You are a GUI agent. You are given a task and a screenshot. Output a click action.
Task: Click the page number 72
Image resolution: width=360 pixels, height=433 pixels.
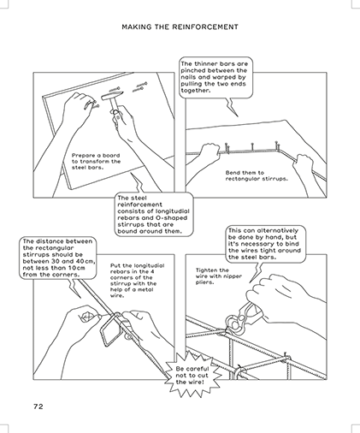[x=38, y=406]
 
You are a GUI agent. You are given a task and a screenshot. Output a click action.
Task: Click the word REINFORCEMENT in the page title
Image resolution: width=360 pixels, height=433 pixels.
[x=205, y=27]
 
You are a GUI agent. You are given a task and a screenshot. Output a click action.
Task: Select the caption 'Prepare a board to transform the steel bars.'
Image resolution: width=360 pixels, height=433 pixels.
[x=96, y=162]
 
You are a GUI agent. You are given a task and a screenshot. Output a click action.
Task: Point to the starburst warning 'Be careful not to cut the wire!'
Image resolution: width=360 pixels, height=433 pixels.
[x=192, y=376]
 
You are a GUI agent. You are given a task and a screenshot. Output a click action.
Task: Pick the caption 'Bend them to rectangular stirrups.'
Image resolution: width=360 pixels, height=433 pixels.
[x=257, y=175]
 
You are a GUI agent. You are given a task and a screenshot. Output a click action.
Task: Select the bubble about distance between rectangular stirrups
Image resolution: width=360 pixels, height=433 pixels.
[x=58, y=258]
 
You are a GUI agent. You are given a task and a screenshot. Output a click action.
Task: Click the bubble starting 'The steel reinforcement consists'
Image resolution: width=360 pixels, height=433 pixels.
[x=154, y=215]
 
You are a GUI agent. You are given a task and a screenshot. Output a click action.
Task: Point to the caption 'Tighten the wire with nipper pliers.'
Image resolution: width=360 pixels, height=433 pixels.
[x=219, y=276]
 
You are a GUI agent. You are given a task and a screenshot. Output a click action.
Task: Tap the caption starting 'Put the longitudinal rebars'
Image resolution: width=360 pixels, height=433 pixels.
[x=138, y=281]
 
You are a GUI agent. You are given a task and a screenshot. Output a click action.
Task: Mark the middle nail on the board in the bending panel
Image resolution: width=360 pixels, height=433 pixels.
[x=252, y=146]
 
